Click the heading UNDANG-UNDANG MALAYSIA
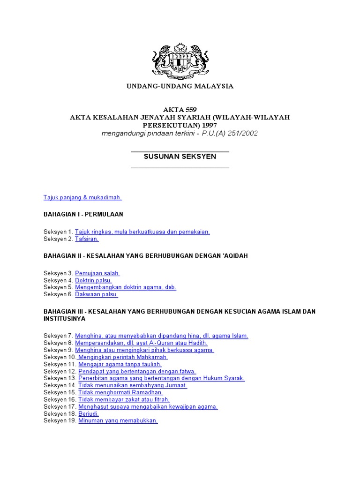pyautogui.click(x=180, y=86)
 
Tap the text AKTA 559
pyautogui.click(x=180, y=109)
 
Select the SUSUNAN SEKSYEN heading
pyautogui.click(x=180, y=157)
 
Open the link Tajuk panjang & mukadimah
pyautogui.click(x=82, y=197)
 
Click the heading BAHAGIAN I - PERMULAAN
pyautogui.click(x=83, y=214)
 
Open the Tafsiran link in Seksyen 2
pyautogui.click(x=87, y=239)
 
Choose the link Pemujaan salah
pyautogui.click(x=97, y=273)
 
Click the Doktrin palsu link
pyautogui.click(x=93, y=280)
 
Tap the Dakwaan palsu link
pyautogui.click(x=97, y=294)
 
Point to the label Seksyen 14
pyautogui.click(x=60, y=385)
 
